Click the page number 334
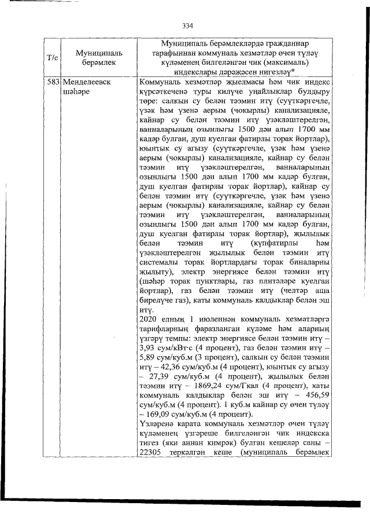coord(187,25)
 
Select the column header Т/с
coord(51,57)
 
